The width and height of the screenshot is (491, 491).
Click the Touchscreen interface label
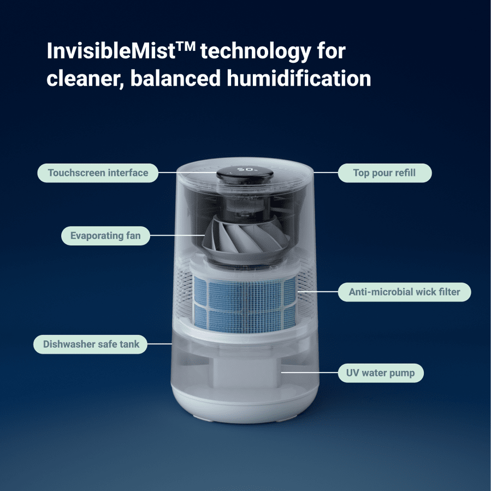[x=98, y=173]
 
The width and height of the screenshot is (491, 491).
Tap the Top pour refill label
[x=384, y=173]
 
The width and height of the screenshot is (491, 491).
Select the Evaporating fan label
[x=105, y=236]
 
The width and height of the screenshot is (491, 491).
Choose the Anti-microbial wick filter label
[x=405, y=292]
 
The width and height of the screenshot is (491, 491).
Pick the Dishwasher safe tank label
[x=91, y=344]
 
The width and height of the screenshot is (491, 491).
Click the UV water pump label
[x=380, y=374]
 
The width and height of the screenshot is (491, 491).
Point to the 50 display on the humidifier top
[x=244, y=169]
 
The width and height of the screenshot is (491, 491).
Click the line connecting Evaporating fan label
[x=178, y=236]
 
